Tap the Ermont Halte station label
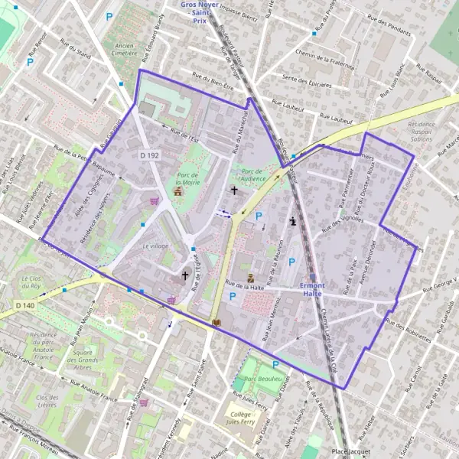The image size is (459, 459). coord(313,289)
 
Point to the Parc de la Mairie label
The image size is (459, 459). coord(187,179)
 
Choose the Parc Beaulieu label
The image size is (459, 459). coord(259,379)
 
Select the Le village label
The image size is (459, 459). coord(155,246)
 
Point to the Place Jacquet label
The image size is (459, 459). coord(350,452)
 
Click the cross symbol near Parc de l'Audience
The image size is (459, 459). coord(233,189)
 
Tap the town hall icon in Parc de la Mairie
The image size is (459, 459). coord(178,191)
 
